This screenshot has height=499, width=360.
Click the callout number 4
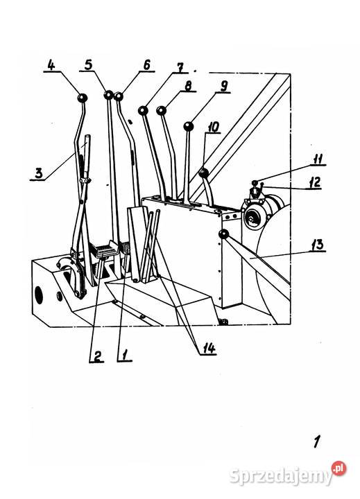point(51,65)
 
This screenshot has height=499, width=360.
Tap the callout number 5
point(89,64)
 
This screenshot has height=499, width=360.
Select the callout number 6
point(146,65)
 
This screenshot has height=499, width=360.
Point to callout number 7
point(180,68)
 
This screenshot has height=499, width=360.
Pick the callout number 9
point(224,86)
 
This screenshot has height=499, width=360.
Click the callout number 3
point(38,174)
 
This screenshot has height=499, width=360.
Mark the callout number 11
point(317,159)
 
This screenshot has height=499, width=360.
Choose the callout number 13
point(318,245)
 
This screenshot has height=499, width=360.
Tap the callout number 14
point(209,349)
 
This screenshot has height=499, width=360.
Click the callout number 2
point(97,356)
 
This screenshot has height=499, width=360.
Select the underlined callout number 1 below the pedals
point(124,355)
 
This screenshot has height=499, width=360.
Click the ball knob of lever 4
point(83,98)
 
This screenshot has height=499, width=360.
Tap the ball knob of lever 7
point(143,111)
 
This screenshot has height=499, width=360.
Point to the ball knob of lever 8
point(162,110)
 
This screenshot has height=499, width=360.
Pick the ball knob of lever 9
point(189,127)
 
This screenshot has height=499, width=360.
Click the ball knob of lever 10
point(203,173)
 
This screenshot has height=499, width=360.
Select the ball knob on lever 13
point(224,235)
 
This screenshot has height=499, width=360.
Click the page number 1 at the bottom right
point(316,441)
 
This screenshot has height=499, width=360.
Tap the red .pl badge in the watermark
point(338,469)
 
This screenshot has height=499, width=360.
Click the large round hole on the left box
point(39,295)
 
